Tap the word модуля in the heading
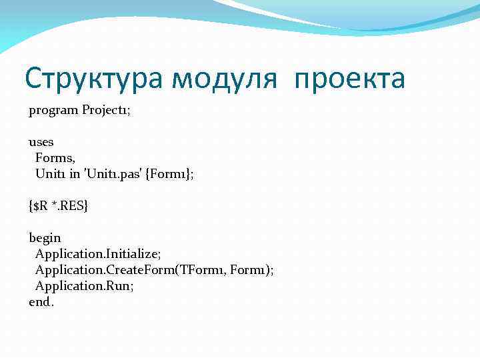point(224,79)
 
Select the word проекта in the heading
point(349,79)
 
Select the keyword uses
point(41,142)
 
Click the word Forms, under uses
point(55,158)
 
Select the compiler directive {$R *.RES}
point(58,206)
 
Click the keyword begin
point(45,238)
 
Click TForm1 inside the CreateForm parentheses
point(199,270)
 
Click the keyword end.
point(41,302)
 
